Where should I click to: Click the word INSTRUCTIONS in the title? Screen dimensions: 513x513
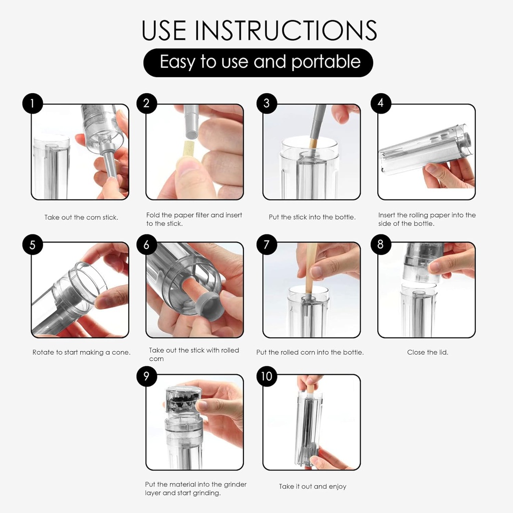click(286, 30)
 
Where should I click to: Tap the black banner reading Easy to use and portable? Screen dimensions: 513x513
click(258, 63)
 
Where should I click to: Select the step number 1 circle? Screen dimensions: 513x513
click(33, 103)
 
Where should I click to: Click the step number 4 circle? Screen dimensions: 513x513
click(381, 103)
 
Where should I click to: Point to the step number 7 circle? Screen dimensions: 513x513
click(267, 244)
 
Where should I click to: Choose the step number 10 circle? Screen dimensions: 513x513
click(267, 376)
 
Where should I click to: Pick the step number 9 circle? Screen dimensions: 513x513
click(147, 376)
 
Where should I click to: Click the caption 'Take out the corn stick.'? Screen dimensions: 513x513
click(81, 217)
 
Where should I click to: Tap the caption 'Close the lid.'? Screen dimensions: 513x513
click(428, 352)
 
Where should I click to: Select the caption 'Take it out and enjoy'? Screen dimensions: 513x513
click(313, 486)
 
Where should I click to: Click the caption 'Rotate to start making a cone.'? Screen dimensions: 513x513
click(81, 352)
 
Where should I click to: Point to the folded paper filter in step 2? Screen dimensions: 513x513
click(188, 150)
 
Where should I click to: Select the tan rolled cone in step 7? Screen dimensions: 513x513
click(310, 267)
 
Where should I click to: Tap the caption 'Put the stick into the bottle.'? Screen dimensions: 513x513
click(312, 217)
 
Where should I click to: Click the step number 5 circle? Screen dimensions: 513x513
click(33, 244)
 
